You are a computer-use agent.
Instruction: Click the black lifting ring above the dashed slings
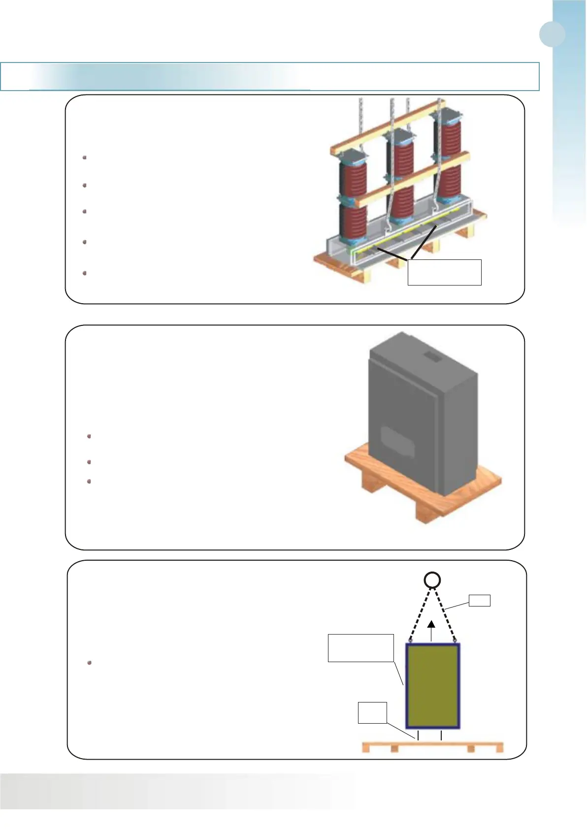coord(432,580)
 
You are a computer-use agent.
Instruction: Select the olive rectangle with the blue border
coord(432,685)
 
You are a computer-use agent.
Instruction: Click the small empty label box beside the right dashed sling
coord(479,600)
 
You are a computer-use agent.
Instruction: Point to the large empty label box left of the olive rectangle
coord(360,648)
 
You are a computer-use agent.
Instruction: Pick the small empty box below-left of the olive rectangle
coord(372,713)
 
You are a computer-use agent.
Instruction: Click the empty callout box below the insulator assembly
coord(444,272)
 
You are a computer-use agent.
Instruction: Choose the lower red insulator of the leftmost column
coord(353,222)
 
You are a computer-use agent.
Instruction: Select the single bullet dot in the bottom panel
coord(90,663)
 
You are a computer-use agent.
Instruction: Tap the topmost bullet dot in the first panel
coord(85,158)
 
